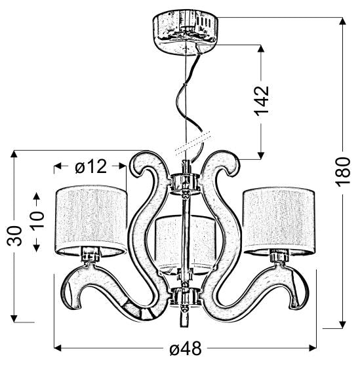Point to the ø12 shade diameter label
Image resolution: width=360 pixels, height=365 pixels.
(x=90, y=167)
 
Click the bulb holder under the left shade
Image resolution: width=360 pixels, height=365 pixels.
(x=89, y=256)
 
